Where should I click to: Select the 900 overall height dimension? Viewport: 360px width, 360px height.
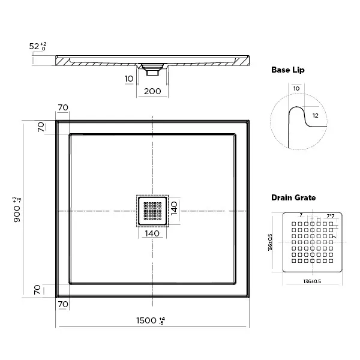tap(18, 207)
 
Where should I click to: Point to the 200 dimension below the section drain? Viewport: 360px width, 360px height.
tap(152, 91)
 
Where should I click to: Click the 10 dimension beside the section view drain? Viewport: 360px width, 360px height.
tap(129, 79)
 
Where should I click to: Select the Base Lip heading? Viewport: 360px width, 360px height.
tap(288, 70)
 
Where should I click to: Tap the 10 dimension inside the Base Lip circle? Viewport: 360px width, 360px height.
tap(296, 89)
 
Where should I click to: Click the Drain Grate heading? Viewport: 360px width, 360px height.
tap(293, 197)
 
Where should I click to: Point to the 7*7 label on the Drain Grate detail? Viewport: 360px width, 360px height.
tap(330, 215)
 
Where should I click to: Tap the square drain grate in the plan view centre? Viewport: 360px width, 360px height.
tap(152, 211)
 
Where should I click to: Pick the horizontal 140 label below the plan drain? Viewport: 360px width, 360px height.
tap(152, 233)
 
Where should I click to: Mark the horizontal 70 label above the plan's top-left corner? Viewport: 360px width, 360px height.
tap(63, 107)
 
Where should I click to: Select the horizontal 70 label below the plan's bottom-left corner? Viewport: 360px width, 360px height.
tap(63, 304)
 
